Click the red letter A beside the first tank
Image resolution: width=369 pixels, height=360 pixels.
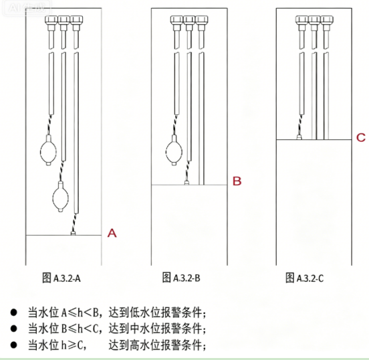[112, 233]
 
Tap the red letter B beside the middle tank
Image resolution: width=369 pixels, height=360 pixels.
[237, 181]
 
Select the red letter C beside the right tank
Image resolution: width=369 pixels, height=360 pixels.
[361, 137]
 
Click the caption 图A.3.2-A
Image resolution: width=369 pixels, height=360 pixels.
[61, 278]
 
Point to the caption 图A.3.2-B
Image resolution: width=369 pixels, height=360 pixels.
[181, 278]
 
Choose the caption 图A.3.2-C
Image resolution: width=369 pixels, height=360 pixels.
[305, 278]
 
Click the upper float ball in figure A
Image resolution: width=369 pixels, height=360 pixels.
[49, 150]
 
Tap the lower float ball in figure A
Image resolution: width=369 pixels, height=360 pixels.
[61, 197]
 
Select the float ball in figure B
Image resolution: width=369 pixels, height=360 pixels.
[174, 150]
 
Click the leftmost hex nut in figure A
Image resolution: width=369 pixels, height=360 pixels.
[51, 19]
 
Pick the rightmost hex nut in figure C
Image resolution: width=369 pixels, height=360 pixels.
[327, 19]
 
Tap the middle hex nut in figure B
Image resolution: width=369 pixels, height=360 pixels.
[189, 19]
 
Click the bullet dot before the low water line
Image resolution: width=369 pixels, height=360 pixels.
[13, 312]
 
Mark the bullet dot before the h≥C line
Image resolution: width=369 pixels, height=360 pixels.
[13, 345]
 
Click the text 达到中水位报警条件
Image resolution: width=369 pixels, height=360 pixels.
[156, 329]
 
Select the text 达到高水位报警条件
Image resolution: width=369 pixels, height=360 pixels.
[156, 345]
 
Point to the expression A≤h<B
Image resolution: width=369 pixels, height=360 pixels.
[80, 312]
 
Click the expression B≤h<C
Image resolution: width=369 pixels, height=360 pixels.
[80, 329]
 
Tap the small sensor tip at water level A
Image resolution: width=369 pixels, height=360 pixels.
[73, 234]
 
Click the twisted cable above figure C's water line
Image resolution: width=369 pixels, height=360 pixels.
[300, 125]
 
